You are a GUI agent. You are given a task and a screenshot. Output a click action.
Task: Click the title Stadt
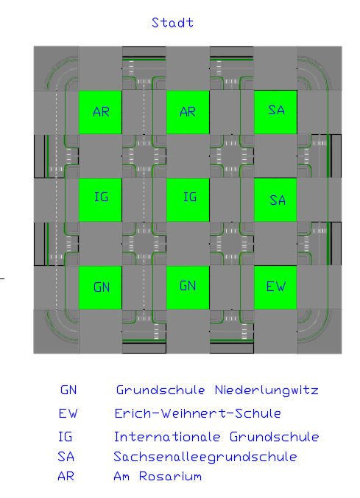pos(172,23)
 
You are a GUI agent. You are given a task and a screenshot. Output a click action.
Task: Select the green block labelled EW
pos(275,287)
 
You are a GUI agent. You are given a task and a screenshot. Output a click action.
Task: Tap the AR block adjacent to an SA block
pos(188,112)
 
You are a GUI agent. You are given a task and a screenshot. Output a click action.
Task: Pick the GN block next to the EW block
pos(188,287)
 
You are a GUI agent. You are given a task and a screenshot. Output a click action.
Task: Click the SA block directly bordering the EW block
pos(275,200)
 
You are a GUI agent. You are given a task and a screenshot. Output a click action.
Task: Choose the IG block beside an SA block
pos(188,200)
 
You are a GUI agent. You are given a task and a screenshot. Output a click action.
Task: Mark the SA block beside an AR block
pos(275,112)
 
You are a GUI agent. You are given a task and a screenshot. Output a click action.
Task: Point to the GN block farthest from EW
pos(100,287)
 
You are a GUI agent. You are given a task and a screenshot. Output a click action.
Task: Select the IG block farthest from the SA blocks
pos(100,200)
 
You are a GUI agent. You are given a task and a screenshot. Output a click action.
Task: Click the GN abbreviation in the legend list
pos(68,390)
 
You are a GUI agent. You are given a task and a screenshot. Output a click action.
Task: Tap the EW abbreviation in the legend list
pos(68,413)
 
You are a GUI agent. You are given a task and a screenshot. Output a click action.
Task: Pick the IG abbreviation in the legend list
pos(65,437)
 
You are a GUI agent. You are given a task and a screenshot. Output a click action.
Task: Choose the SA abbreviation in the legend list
pos(66,457)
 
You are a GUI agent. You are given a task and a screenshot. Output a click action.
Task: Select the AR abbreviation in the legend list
pos(66,477)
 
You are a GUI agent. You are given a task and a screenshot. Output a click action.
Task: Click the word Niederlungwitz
pos(267,390)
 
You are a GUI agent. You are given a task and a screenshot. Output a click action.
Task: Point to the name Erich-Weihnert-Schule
pos(197,413)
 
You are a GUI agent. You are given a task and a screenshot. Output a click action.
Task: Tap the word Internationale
pos(167,437)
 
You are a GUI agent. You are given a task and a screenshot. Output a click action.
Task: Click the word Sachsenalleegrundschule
pos(205,457)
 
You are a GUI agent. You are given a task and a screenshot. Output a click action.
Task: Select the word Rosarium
pos(170,477)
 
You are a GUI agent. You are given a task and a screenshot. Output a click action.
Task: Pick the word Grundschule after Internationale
pos(275,437)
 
